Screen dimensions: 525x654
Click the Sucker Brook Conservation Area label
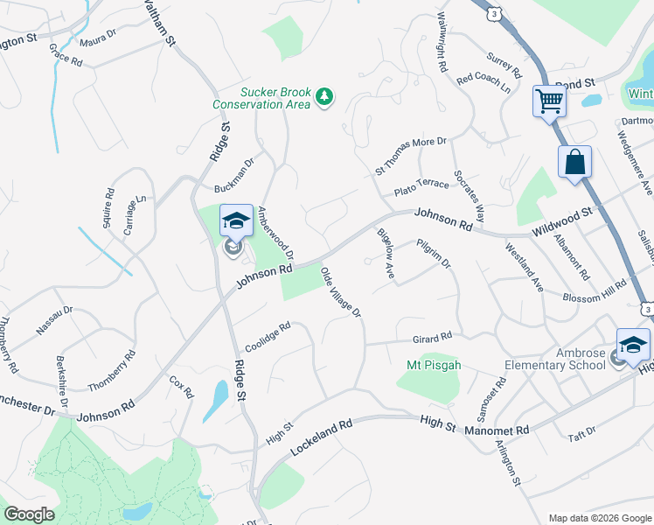pyautogui.click(x=261, y=97)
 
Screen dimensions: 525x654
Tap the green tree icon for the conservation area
pyautogui.click(x=325, y=95)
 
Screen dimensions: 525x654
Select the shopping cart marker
pyautogui.click(x=549, y=101)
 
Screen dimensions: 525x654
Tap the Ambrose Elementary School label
pyautogui.click(x=555, y=359)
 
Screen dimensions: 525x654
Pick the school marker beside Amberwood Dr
pyautogui.click(x=235, y=221)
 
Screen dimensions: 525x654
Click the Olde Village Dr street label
pyautogui.click(x=341, y=292)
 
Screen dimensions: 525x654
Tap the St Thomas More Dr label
pyautogui.click(x=411, y=153)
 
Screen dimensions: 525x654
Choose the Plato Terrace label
pyautogui.click(x=421, y=185)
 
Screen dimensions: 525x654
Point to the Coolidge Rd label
pyautogui.click(x=268, y=337)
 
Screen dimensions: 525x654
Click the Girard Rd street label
pyautogui.click(x=433, y=337)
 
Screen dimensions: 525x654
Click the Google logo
pyautogui.click(x=29, y=514)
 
